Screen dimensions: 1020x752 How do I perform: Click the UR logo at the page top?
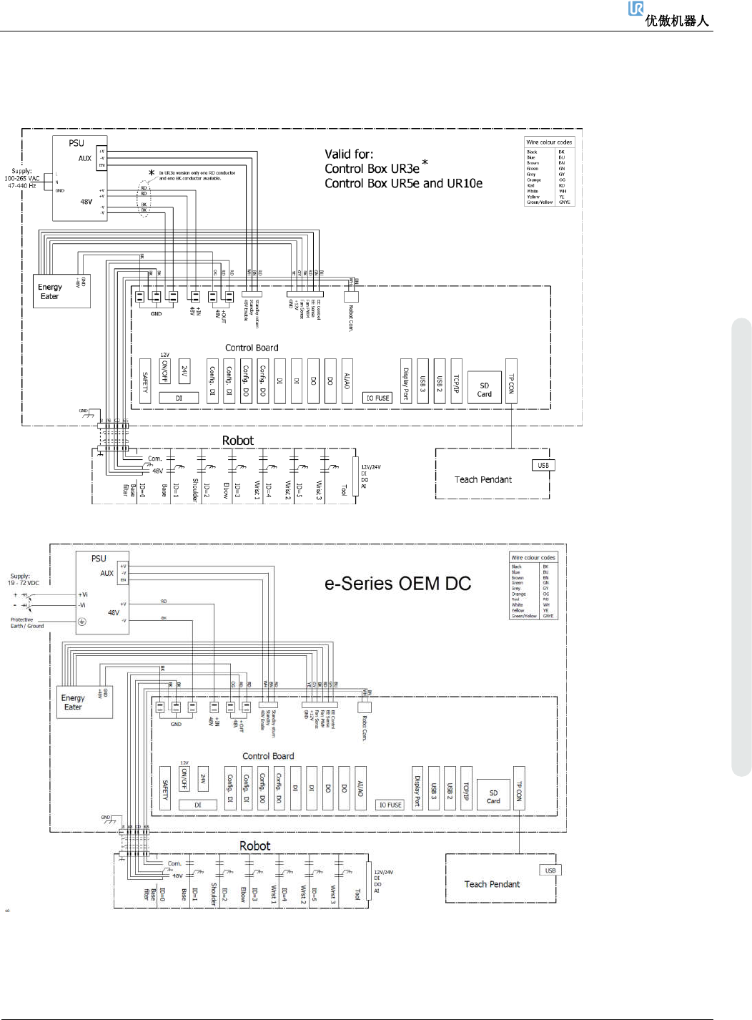coord(635,9)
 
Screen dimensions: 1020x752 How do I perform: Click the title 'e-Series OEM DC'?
coord(397,584)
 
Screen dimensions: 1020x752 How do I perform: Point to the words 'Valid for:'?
coord(349,154)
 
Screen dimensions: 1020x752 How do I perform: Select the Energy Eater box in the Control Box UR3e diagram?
coord(62,291)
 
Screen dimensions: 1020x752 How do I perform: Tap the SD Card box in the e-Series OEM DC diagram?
coord(493,796)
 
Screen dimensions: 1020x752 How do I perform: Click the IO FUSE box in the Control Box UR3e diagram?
coord(377,398)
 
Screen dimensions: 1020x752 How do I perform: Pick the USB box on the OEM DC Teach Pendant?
coord(550,871)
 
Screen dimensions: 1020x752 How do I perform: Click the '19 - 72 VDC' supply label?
coord(24,583)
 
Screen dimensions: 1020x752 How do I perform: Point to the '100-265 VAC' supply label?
coord(22,178)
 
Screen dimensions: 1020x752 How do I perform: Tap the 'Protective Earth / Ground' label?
coord(26,623)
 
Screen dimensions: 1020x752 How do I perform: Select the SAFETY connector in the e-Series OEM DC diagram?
coord(165,789)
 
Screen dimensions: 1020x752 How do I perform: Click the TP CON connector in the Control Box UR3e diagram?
coord(511,381)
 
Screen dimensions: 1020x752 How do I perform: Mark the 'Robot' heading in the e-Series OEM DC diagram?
coord(254,845)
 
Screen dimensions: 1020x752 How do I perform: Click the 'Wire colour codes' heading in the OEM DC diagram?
coord(533,557)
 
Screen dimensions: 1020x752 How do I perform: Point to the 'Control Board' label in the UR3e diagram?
coord(252,348)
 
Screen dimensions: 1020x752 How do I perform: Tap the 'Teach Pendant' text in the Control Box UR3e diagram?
coord(483,479)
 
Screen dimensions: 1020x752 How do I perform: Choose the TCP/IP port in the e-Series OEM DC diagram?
coord(466,789)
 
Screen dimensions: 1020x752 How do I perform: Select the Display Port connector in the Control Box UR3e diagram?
coord(405,381)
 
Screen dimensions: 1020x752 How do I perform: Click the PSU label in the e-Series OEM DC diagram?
coord(99,559)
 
